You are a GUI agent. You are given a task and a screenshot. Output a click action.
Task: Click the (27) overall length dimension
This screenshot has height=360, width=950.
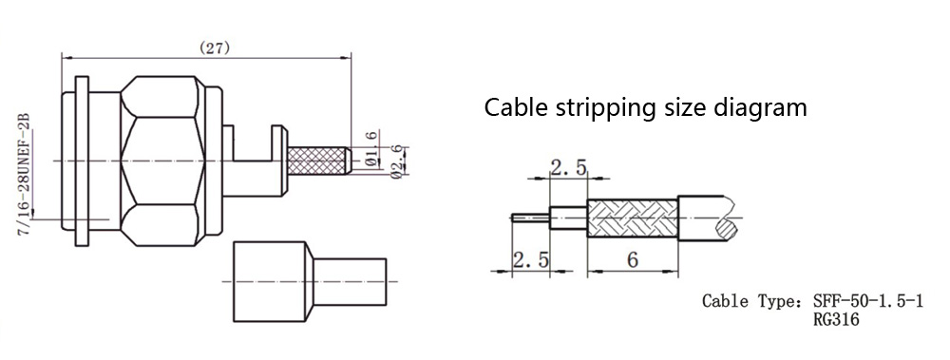coord(215,48)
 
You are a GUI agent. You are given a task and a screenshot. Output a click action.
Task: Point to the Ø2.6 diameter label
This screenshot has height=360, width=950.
coord(397,161)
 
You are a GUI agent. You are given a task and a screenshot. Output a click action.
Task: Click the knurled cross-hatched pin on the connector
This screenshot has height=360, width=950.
coord(317,161)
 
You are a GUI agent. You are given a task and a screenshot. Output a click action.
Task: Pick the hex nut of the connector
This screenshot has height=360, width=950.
coord(161,161)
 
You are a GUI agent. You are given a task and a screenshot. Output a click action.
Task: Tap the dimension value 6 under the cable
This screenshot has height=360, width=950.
coord(633,259)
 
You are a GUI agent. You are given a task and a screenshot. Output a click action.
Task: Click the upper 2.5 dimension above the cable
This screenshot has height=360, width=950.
coord(568,167)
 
